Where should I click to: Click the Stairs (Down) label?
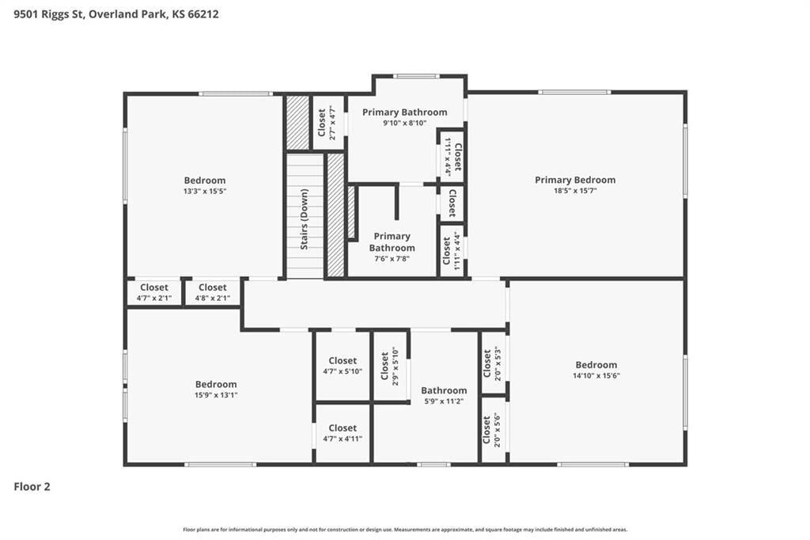305,219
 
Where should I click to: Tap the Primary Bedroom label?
575,180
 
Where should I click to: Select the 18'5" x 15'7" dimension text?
575,191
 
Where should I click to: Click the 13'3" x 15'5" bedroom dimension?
205,192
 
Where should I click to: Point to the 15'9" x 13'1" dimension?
216,395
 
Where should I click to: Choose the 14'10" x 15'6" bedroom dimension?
596,376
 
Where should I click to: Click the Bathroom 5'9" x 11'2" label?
444,396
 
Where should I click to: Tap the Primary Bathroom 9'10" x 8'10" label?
404,117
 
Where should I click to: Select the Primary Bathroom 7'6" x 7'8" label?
392,247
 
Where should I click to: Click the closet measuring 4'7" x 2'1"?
154,292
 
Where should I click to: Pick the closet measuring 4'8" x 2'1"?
212,292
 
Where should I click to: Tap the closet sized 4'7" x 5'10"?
343,366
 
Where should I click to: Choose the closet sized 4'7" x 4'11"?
343,433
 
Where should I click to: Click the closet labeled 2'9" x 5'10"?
389,367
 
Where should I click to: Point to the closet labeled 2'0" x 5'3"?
492,365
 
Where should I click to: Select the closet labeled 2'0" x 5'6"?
491,430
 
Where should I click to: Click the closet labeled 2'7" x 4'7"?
327,123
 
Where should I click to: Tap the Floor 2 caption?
32,487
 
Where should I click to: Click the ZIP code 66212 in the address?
203,14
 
